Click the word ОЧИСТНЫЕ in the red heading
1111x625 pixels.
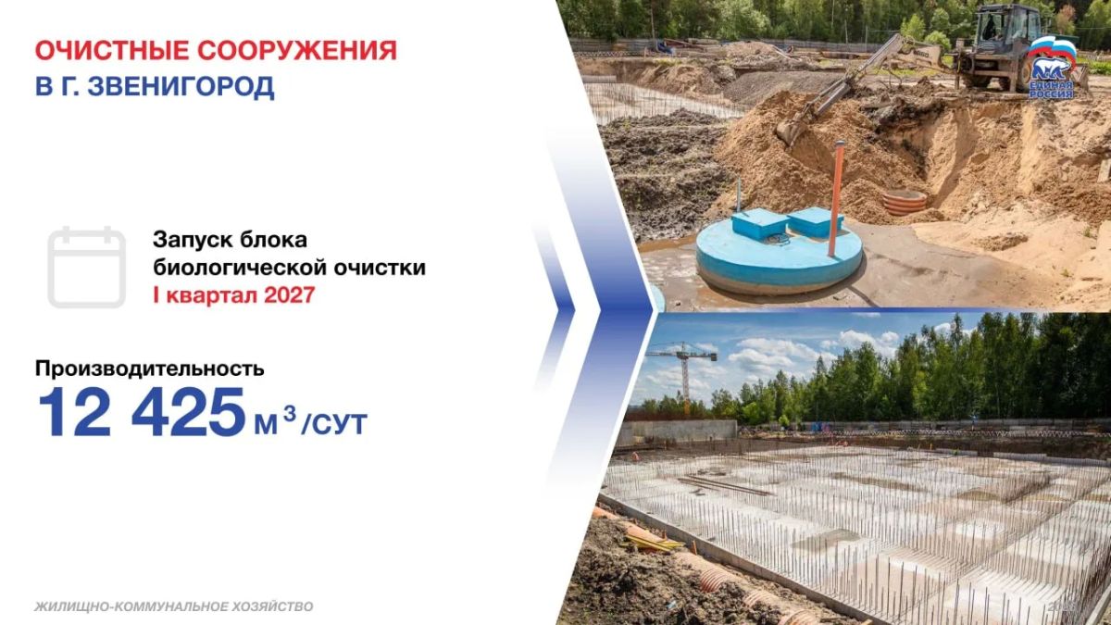coord(112,51)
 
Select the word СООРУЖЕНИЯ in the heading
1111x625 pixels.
coord(297,51)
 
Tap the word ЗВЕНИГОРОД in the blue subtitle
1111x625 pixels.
coord(181,87)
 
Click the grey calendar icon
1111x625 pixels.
coord(87,267)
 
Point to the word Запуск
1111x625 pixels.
coord(191,241)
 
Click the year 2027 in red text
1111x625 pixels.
coord(289,295)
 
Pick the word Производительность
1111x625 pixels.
coord(149,369)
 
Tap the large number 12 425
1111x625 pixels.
coord(142,413)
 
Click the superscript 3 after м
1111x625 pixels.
coord(290,413)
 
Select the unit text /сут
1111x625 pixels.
coord(334,424)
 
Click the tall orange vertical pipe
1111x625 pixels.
coord(837,198)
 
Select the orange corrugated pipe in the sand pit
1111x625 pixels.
coord(905,202)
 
